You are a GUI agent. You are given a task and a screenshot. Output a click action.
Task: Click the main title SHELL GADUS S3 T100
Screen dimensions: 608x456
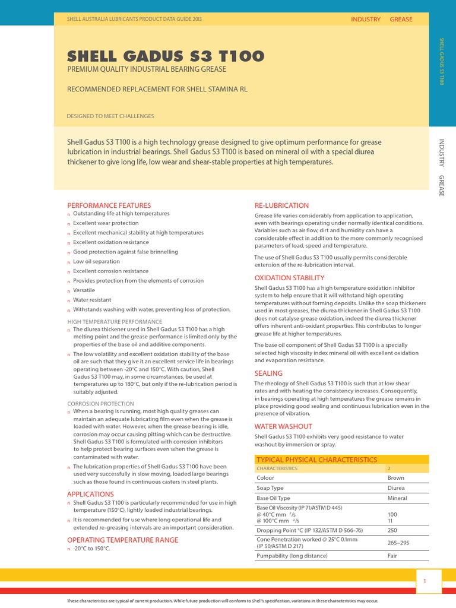click(x=166, y=56)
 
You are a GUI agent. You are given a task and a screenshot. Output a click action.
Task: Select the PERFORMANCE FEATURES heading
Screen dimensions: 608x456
click(x=109, y=205)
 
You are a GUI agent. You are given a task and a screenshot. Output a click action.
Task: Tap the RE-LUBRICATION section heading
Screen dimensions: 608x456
click(x=281, y=205)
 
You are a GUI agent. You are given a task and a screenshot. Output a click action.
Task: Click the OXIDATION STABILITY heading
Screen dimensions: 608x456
click(x=289, y=278)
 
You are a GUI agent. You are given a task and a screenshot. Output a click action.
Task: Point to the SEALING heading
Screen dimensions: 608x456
click(x=268, y=373)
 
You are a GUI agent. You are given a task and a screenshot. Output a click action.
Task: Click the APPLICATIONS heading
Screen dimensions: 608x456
click(x=90, y=494)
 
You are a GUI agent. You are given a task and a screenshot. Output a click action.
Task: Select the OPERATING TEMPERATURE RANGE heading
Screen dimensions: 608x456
click(x=122, y=540)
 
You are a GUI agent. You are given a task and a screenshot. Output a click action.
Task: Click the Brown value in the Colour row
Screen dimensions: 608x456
click(x=395, y=478)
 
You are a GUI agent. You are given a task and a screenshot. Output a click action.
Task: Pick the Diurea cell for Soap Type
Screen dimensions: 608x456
click(x=395, y=488)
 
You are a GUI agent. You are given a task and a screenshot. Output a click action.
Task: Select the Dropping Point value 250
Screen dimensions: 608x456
click(x=392, y=530)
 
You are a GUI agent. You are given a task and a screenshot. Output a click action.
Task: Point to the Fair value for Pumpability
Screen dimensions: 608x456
click(x=393, y=556)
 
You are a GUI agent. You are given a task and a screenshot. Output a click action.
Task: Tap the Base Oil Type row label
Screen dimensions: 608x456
click(x=273, y=498)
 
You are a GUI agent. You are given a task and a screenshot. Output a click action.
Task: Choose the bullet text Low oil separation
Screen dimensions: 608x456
click(x=96, y=261)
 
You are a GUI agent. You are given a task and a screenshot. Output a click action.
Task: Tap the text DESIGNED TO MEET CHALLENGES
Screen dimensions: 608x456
click(x=110, y=116)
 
